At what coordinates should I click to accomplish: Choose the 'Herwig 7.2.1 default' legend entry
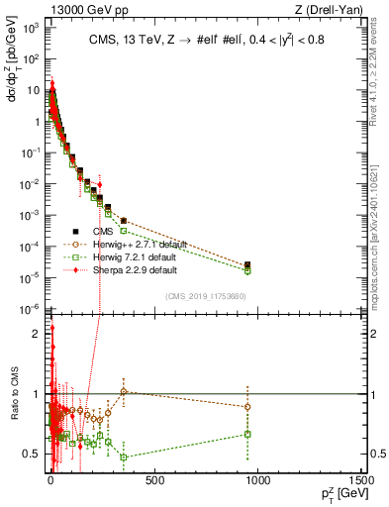[145, 257]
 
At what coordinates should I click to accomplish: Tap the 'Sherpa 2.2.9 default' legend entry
[145, 269]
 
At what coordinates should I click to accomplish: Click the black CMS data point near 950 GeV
[247, 264]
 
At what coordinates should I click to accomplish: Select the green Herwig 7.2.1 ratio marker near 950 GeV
[247, 434]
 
